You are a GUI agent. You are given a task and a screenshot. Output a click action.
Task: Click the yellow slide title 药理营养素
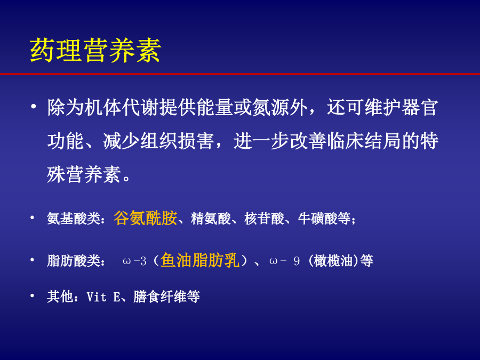tap(95, 51)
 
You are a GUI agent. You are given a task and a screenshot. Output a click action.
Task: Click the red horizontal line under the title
tap(240, 74)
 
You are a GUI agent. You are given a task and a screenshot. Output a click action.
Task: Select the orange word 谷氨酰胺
tap(146, 218)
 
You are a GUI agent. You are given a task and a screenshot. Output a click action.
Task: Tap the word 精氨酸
tap(211, 219)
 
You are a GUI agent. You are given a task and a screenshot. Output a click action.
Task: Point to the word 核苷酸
tap(264, 219)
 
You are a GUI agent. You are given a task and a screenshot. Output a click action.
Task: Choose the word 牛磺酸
tap(318, 219)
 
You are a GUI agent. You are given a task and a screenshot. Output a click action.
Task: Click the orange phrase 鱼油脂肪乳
tap(200, 260)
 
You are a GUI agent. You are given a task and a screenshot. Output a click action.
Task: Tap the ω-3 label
tap(134, 261)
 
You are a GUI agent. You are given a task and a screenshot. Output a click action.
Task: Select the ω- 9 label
tap(284, 261)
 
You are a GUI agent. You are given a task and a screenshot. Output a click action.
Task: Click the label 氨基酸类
tap(74, 219)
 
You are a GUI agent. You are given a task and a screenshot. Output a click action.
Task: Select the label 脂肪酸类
tap(74, 261)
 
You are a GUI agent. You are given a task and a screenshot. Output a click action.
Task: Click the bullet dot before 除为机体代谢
tap(33, 107)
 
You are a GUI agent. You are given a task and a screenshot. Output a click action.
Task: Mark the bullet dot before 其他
tap(32, 295)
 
